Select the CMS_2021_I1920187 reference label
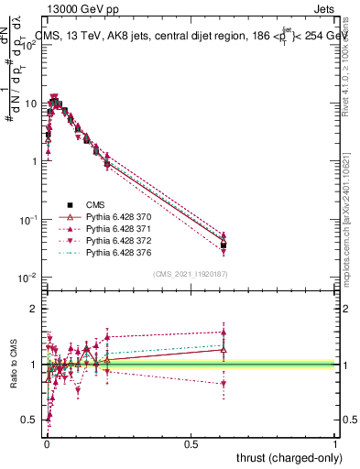[x=191, y=274]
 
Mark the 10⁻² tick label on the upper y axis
[x=29, y=278]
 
